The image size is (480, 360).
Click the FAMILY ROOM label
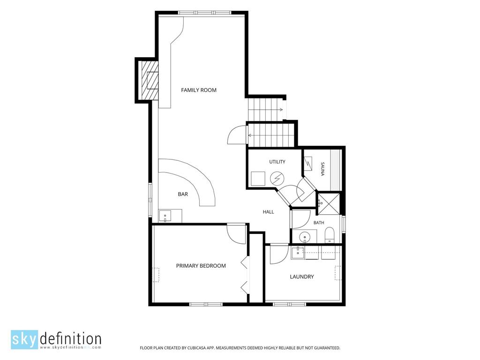(199, 90)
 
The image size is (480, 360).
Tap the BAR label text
(183, 194)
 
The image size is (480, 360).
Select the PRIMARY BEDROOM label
(201, 266)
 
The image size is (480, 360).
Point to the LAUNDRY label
(302, 277)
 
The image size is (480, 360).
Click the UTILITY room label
(277, 162)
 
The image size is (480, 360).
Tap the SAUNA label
(322, 169)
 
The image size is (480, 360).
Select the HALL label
(268, 212)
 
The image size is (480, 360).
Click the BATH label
(319, 223)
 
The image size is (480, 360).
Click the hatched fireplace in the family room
(148, 81)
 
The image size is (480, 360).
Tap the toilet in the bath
(330, 235)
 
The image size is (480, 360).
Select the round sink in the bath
(305, 237)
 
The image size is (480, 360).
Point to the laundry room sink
(298, 253)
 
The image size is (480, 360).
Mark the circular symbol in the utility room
(277, 178)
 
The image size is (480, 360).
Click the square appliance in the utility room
(258, 179)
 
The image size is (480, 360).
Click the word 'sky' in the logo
(24, 340)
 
